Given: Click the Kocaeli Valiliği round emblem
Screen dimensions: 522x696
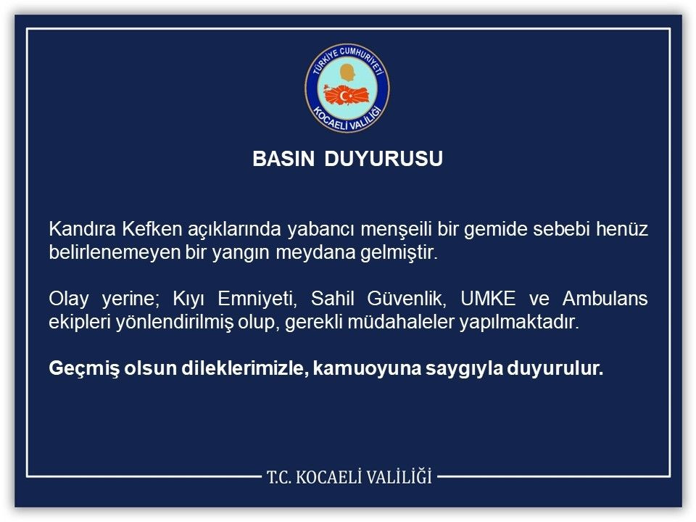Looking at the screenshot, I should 347,88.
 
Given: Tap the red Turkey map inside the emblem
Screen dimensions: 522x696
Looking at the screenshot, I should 347,95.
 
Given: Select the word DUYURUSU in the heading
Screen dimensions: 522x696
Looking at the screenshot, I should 384,159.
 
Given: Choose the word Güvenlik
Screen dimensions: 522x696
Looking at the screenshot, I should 408,299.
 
